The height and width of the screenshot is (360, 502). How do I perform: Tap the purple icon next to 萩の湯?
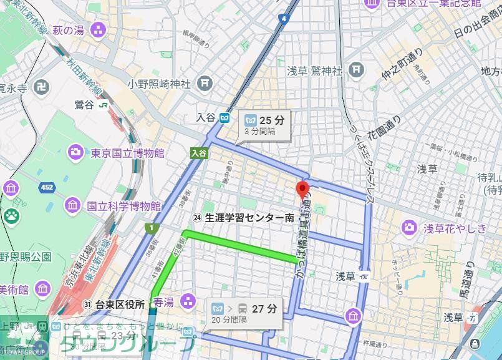97,29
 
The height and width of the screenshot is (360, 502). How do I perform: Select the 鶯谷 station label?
85,105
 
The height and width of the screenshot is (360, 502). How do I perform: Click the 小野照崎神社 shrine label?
159,84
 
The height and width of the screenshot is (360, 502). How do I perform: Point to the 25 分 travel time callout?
264,125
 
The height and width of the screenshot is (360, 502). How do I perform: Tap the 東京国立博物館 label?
127,153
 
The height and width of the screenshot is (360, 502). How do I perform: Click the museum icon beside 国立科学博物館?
72,206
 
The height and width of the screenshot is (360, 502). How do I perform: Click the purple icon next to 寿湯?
187,303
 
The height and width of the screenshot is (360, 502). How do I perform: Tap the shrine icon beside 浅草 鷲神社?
357,70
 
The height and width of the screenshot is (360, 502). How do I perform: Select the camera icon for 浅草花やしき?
409,228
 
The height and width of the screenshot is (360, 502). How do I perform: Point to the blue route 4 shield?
284,19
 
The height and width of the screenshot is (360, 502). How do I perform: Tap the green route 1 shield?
150,228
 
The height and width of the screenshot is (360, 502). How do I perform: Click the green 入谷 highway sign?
199,153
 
